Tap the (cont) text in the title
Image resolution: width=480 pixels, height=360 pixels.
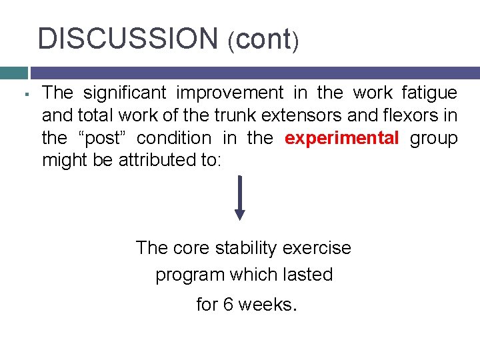coord(263,40)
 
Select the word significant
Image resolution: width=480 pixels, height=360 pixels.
coord(127,93)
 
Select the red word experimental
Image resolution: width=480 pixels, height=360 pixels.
coord(341,138)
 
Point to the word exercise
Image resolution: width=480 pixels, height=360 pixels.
coord(317,248)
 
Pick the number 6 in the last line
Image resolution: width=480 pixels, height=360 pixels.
coord(229,304)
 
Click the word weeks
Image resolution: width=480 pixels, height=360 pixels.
coord(267,304)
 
